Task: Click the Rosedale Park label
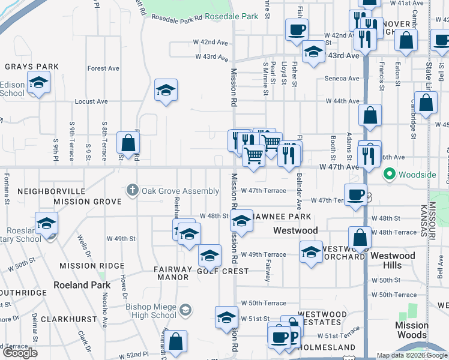[231, 16]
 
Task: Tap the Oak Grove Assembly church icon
[133, 191]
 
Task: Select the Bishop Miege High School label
[151, 311]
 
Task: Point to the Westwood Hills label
[393, 260]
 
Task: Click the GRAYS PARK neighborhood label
[32, 67]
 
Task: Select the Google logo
[20, 353]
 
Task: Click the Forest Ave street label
[103, 68]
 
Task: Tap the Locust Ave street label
[91, 101]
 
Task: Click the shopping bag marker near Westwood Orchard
[360, 238]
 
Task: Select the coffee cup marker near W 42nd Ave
[297, 29]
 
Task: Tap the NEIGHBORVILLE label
[51, 191]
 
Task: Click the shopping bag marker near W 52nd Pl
[176, 342]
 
